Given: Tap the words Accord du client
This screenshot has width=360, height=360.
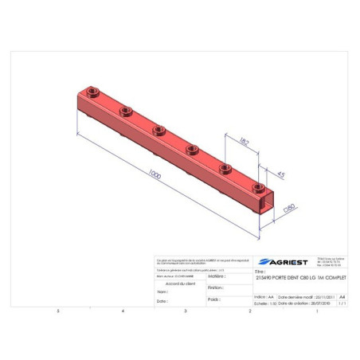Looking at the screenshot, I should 179,284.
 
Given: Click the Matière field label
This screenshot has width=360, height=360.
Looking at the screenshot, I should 214,276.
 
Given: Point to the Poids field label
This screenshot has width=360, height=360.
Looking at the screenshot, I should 213,300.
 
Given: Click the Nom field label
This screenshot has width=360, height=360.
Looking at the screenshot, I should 162,292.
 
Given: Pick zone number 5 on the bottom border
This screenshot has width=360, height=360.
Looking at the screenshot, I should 57,311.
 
